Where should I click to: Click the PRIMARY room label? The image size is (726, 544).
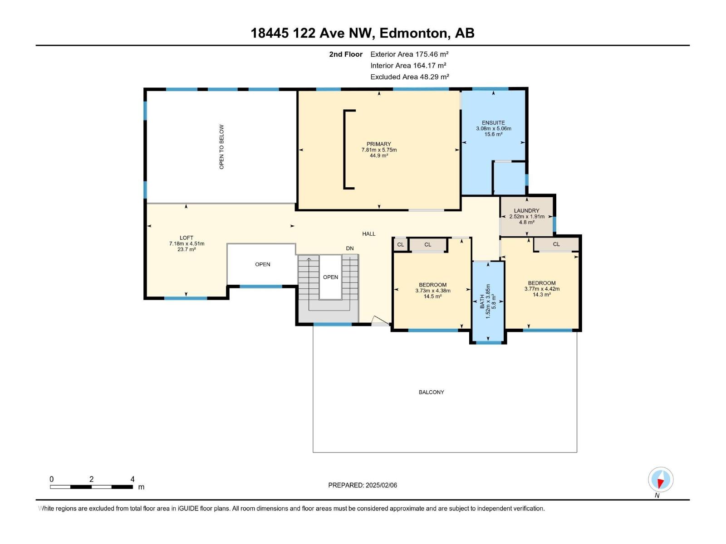point(379,144)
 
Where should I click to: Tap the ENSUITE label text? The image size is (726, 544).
point(493,123)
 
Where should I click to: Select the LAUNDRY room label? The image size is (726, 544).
point(526,211)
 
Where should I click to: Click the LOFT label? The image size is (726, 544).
point(186,238)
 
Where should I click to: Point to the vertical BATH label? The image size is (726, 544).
point(482,301)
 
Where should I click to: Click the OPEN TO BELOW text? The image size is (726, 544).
point(221,147)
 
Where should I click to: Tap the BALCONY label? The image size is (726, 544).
point(431,392)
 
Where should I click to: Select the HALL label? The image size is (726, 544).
point(368,234)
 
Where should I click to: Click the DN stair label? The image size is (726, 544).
point(349,248)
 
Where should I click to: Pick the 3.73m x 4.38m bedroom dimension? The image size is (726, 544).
point(432,291)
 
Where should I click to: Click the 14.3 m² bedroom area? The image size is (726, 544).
point(541,295)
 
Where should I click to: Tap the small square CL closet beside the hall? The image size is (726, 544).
point(400,245)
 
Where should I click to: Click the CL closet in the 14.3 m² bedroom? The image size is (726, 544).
point(556,244)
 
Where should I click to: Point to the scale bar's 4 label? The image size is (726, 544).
point(132,479)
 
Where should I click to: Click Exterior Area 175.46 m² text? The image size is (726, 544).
point(409,54)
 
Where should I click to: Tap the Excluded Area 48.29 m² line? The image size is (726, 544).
point(409,77)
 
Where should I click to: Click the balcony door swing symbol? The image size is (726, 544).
point(379,321)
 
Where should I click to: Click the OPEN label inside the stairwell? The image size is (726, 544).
point(330,277)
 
